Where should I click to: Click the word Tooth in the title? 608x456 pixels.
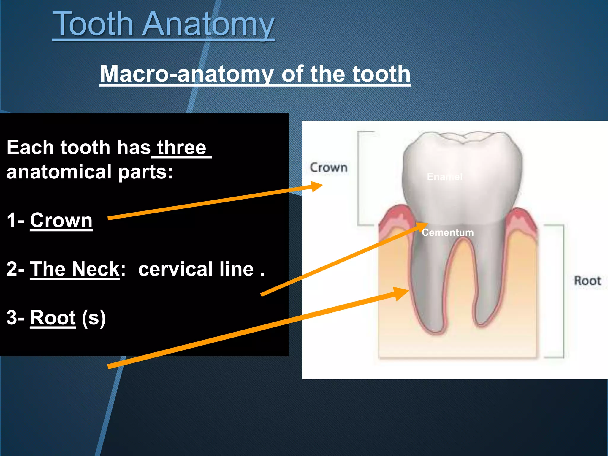tap(92, 24)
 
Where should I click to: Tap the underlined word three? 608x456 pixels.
tap(181, 148)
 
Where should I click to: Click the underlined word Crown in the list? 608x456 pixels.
tap(61, 221)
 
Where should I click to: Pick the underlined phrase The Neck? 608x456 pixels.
tap(75, 269)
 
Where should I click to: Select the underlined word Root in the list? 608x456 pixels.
tap(53, 318)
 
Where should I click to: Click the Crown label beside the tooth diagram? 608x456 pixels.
tap(328, 168)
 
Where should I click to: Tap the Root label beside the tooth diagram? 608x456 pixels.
tap(587, 281)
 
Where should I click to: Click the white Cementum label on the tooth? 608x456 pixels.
tap(448, 232)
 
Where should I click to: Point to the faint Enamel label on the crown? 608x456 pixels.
tap(444, 177)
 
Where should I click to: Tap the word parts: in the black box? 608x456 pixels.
tap(145, 172)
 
